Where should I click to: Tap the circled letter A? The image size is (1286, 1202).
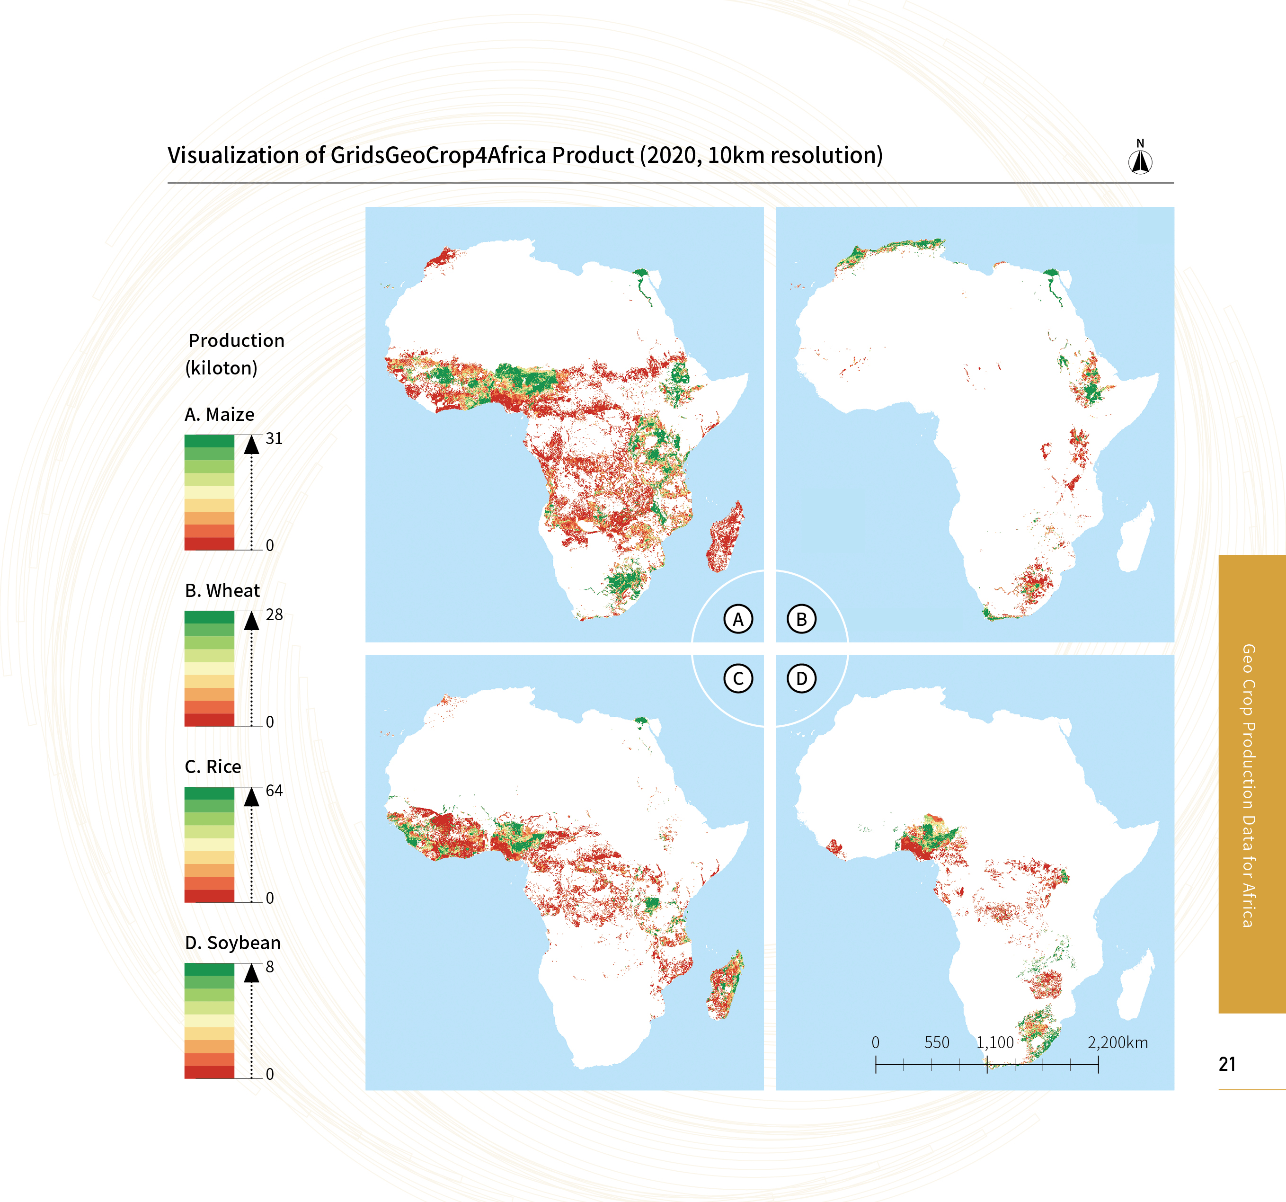pyautogui.click(x=738, y=619)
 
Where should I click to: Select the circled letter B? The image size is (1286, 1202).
pyautogui.click(x=801, y=619)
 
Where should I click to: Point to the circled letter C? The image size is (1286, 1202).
pyautogui.click(x=738, y=678)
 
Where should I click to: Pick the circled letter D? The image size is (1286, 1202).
pyautogui.click(x=801, y=678)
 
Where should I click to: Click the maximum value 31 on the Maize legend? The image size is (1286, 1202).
pyautogui.click(x=274, y=439)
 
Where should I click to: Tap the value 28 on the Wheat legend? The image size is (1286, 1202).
pyautogui.click(x=274, y=614)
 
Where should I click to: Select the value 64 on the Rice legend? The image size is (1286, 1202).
pyautogui.click(x=274, y=791)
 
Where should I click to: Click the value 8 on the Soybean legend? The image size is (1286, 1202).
pyautogui.click(x=270, y=967)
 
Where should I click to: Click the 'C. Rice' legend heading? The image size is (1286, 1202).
pyautogui.click(x=213, y=766)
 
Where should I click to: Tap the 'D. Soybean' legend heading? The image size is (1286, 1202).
pyautogui.click(x=233, y=943)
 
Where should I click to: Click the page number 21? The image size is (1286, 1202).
pyautogui.click(x=1227, y=1064)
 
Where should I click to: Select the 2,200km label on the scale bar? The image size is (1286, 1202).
pyautogui.click(x=1117, y=1042)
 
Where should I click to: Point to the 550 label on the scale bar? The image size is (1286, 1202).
pyautogui.click(x=937, y=1042)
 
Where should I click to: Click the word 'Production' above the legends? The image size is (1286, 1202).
pyautogui.click(x=237, y=340)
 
